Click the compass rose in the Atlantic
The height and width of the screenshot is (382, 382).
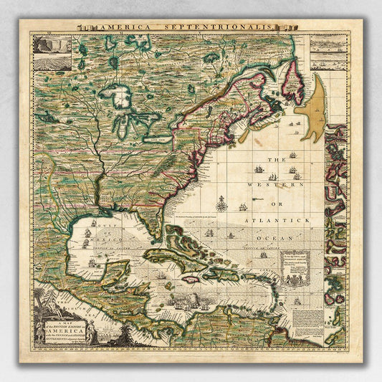point(222,206)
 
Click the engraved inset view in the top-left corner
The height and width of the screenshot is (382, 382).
point(52,53)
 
